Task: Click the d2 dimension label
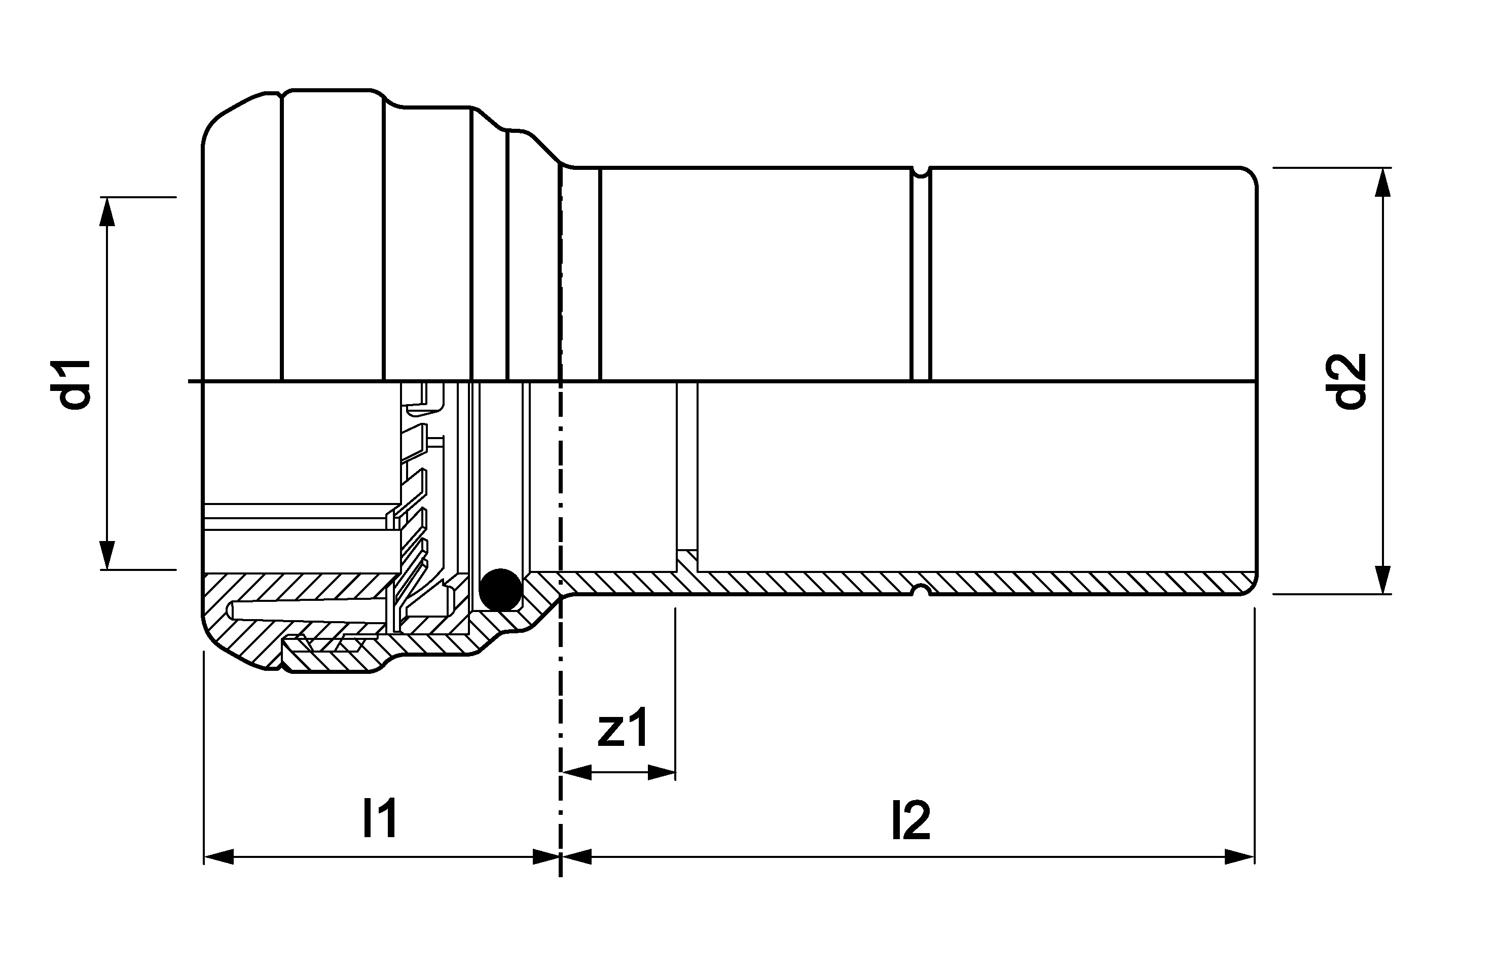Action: click(1345, 381)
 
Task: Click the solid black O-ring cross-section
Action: click(500, 589)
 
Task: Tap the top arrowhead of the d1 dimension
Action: click(108, 211)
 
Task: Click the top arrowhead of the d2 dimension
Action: click(1382, 182)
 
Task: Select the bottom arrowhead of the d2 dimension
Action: click(1382, 579)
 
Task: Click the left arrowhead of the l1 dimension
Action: click(218, 856)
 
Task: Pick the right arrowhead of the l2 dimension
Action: click(1239, 856)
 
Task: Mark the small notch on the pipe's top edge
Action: click(920, 171)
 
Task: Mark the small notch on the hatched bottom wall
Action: click(920, 590)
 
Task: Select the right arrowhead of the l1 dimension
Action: click(545, 856)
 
